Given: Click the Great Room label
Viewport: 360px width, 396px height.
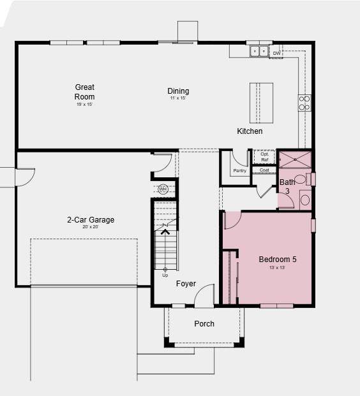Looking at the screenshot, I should click(x=85, y=92).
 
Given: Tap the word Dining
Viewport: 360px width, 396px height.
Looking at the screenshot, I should click(x=178, y=91).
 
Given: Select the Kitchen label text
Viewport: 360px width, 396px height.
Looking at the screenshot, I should click(x=250, y=131).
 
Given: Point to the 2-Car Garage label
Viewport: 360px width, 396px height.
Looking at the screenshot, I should click(x=91, y=220).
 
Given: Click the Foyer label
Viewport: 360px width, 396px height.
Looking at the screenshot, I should click(x=186, y=284).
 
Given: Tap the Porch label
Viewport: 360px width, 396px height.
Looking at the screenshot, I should click(x=204, y=324).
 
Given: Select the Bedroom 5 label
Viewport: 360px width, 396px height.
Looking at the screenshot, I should click(x=277, y=260).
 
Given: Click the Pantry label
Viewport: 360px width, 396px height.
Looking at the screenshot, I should click(x=239, y=171).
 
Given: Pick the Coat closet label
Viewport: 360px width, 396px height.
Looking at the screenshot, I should click(x=264, y=170).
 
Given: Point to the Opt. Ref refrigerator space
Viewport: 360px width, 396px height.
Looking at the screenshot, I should click(x=264, y=157).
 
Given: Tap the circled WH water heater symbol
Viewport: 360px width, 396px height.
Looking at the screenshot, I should click(x=163, y=189).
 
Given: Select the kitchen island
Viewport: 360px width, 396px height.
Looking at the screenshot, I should click(x=261, y=103).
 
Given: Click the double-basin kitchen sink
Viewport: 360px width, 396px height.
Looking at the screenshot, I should click(x=259, y=51).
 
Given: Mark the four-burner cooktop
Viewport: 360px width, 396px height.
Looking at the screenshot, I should click(x=304, y=103).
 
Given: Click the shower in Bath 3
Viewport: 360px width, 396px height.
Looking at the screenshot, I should click(x=295, y=159).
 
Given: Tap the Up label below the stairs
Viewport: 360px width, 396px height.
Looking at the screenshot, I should click(x=165, y=275).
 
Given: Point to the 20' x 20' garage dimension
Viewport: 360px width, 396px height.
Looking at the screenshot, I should click(x=91, y=228).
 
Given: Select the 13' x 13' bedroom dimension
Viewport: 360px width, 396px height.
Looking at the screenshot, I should click(x=277, y=268).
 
